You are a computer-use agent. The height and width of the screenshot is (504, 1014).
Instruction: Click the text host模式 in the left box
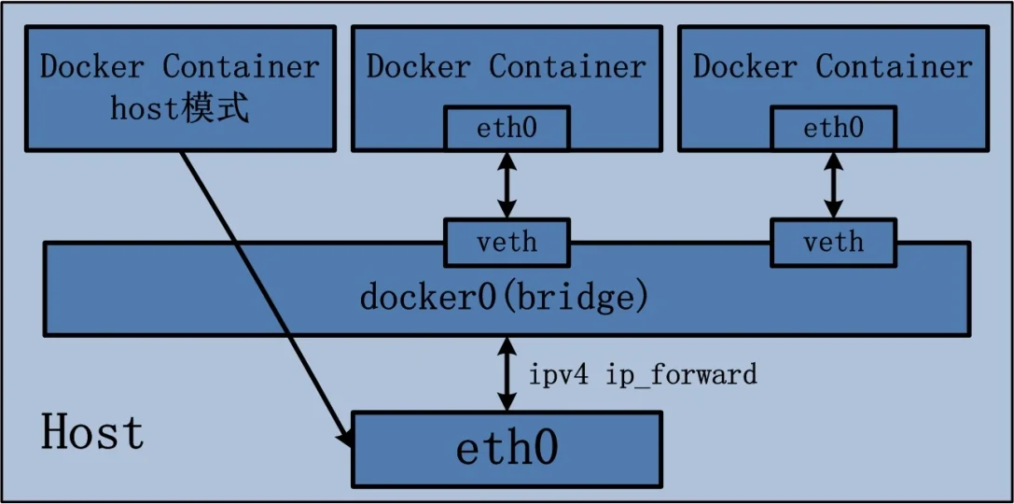pyautogui.click(x=180, y=109)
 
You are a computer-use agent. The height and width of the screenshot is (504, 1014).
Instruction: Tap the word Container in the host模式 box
pyautogui.click(x=242, y=67)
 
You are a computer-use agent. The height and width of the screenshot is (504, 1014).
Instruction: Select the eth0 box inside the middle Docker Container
pyautogui.click(x=506, y=128)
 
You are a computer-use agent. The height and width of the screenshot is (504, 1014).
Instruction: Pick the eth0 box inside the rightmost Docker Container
pyautogui.click(x=832, y=128)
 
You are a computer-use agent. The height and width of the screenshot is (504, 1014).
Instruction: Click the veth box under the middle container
pyautogui.click(x=506, y=243)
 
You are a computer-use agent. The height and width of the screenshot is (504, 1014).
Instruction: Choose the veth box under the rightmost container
pyautogui.click(x=832, y=243)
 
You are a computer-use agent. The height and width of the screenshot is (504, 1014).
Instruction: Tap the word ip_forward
pyautogui.click(x=681, y=375)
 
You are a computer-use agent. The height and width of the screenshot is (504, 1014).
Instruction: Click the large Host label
pyautogui.click(x=93, y=433)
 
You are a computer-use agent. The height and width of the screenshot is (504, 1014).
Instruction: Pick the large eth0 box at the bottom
pyautogui.click(x=506, y=449)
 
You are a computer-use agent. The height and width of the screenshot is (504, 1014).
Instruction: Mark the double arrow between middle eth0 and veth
pyautogui.click(x=506, y=184)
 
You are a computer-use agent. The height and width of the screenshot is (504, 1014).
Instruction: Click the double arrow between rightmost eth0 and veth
pyautogui.click(x=832, y=184)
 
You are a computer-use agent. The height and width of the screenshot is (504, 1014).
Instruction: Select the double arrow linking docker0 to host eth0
pyautogui.click(x=506, y=373)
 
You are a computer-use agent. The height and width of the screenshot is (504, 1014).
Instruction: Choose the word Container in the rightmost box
pyautogui.click(x=895, y=67)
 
